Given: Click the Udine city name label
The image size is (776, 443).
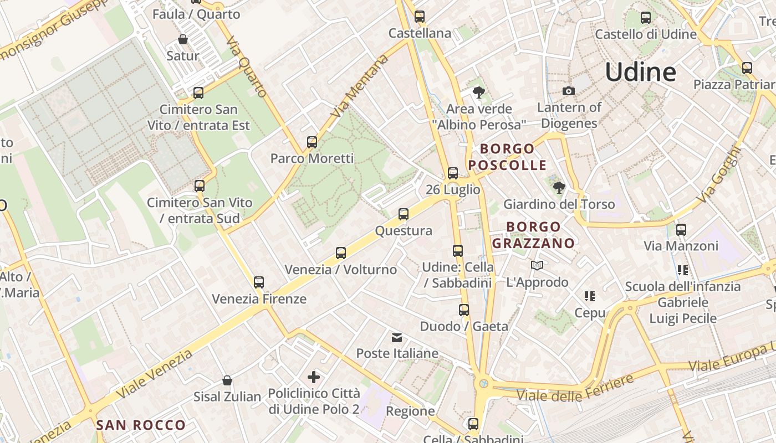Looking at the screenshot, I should pos(640,72).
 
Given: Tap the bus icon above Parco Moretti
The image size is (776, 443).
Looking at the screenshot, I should pos(312,142).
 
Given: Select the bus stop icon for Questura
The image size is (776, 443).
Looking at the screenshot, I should pos(404,214).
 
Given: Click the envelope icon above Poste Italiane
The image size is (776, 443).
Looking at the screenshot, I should pos(397,338).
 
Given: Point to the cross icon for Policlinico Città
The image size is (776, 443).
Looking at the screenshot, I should pos(314,378).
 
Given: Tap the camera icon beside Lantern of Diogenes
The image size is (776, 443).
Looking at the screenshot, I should pos(568,91).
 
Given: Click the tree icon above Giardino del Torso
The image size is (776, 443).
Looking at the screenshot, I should pos(559,188).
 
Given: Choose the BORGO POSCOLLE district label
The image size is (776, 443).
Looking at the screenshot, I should pos(507,157).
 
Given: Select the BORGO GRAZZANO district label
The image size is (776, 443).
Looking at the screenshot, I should pos(533,235).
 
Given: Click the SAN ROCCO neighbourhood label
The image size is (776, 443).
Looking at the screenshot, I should pos(141,425).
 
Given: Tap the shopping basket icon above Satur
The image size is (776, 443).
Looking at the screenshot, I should pos(183,40).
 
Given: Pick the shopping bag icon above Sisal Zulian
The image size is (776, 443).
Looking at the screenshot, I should pos(227,380).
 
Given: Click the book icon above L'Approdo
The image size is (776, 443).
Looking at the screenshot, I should pos(537,266).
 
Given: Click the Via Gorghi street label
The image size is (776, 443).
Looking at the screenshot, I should pos(719,174).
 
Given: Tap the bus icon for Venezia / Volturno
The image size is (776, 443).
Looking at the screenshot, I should pos(341,253).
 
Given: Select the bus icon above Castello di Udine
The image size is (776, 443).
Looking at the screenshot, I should pos(646,18).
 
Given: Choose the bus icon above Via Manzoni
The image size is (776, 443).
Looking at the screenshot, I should pos(681,229).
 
